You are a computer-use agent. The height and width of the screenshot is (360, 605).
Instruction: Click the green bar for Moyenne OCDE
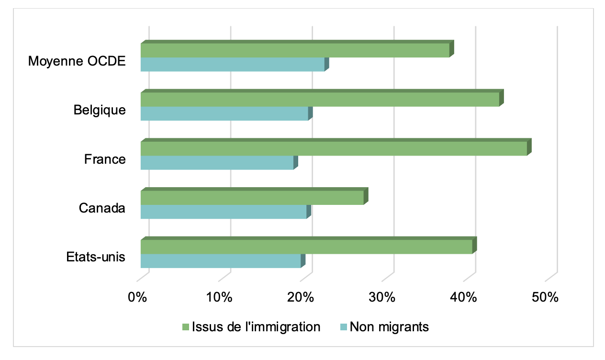coord(295,50)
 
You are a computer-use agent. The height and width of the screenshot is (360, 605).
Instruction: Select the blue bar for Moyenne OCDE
coord(233,65)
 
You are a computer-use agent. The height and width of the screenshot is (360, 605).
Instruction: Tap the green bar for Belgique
coord(320,100)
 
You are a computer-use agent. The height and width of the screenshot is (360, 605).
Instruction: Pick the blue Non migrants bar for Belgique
coord(224,113)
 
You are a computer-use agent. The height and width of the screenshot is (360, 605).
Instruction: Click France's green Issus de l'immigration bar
coord(334,148)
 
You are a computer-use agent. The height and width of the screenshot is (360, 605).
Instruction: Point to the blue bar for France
coord(217,163)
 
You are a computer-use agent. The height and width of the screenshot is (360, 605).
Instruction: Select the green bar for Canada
coord(252,198)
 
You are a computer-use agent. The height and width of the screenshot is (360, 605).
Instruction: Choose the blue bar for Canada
coord(224,212)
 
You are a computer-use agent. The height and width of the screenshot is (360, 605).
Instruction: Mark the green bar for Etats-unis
coord(306,247)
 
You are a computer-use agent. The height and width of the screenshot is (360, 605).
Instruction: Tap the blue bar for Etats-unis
coord(221,261)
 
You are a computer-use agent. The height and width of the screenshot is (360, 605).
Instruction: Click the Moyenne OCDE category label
coord(77,61)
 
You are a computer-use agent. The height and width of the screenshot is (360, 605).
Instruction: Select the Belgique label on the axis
coord(100,110)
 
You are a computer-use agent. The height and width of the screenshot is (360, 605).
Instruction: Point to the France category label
coord(105,159)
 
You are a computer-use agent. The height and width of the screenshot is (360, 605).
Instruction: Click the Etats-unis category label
coord(96,257)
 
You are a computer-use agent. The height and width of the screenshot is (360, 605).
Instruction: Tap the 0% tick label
coord(137,297)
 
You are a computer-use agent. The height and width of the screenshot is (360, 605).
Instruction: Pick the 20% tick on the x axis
coord(301,297)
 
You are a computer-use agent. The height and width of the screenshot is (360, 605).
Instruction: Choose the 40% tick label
coord(464,297)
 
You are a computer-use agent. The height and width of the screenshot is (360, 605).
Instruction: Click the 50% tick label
coord(545,297)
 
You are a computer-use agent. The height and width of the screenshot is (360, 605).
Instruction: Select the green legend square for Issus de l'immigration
coord(186,327)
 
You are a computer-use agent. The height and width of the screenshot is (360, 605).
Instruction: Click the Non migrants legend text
coord(389,327)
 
